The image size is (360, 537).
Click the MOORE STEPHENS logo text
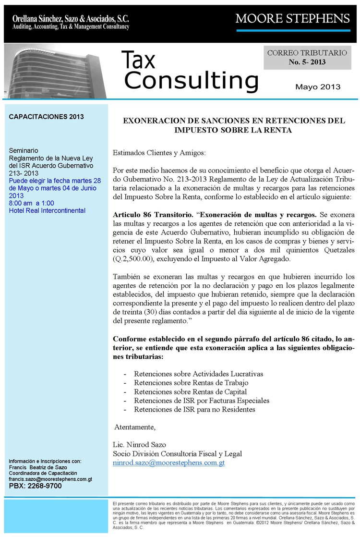coord(292,19)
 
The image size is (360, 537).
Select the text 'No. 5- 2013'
coord(307,62)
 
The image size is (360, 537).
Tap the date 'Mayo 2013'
coord(318,87)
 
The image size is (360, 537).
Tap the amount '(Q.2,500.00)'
coord(134,258)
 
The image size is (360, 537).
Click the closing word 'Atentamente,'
coord(135,427)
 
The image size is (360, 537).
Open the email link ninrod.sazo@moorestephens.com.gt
coord(168,463)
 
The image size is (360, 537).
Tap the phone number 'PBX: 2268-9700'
coord(36,486)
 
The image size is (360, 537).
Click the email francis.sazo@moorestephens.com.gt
coord(51,479)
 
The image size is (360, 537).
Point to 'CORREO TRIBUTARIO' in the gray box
coord(307,53)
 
